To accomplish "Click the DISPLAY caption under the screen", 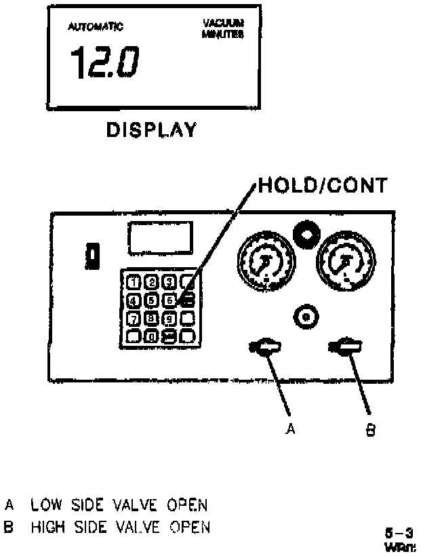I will click(152, 130).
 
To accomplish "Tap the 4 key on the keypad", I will click(134, 300).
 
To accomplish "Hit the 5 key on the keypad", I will click(153, 300).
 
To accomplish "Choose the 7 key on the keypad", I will click(134, 317).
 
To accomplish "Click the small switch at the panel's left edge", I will click(91, 257).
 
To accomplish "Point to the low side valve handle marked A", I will click(265, 347).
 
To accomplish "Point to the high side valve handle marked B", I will click(346, 347).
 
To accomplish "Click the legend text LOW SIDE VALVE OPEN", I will click(119, 505).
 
